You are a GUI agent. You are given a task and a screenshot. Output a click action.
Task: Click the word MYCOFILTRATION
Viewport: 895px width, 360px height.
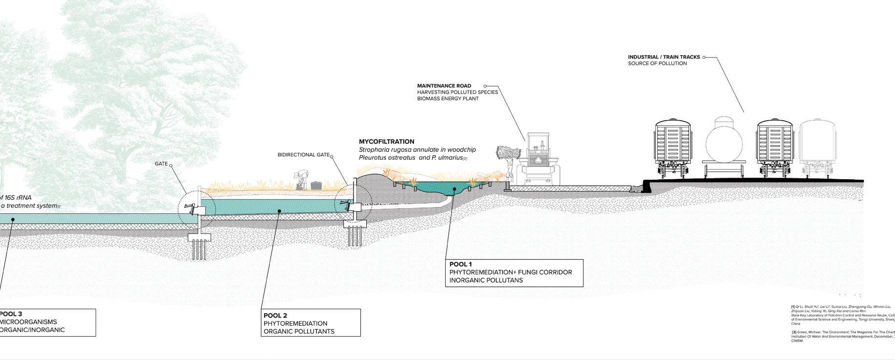point(386,142)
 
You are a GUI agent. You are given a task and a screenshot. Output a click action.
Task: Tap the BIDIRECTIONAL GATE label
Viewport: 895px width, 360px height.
point(303,155)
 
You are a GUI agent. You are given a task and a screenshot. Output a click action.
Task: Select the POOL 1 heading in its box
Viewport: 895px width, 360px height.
point(460,264)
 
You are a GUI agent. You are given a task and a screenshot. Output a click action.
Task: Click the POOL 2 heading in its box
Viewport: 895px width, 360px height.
point(275,315)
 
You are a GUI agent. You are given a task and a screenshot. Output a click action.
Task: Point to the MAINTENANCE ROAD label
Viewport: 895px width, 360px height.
point(444,86)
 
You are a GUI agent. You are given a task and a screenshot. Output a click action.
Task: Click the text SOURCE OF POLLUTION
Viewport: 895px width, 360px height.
point(657,64)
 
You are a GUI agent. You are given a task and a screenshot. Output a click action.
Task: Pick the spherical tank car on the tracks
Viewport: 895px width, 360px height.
point(724,145)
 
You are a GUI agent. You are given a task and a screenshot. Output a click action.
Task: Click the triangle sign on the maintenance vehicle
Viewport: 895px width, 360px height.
point(539,160)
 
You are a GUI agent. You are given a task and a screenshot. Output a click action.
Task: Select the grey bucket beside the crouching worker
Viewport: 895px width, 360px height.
point(316,186)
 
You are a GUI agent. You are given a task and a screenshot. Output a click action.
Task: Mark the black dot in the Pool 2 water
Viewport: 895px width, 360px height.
point(279,211)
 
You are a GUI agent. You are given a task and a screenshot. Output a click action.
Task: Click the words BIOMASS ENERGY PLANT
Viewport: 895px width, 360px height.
point(448,99)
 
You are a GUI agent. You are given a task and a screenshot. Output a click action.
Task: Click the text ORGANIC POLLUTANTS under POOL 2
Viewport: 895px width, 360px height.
point(299,331)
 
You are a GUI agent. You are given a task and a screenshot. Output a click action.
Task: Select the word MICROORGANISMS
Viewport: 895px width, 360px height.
point(28,322)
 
